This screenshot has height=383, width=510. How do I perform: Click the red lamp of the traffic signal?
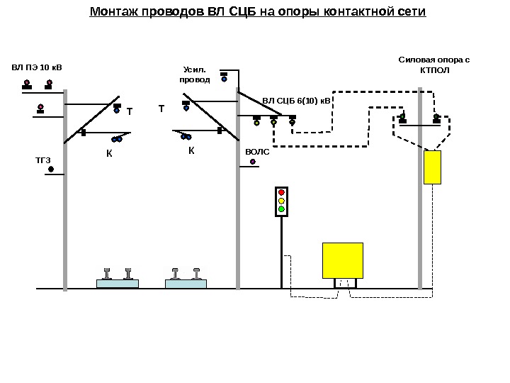point(281,192)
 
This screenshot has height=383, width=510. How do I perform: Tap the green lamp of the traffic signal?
point(281,209)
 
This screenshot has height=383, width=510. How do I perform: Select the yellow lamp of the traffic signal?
point(281,201)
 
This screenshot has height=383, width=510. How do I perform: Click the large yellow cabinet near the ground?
point(343,260)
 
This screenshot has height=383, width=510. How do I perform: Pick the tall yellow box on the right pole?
point(432,167)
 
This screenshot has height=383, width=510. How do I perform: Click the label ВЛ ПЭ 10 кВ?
point(37,68)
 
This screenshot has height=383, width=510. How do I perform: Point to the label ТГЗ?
point(43,160)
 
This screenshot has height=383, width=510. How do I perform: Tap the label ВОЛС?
point(257,152)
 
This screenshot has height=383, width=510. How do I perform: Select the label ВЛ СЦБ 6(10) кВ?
point(297,101)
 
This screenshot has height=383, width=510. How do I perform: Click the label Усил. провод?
point(194,74)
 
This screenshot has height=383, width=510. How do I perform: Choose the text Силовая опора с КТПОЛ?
point(434,66)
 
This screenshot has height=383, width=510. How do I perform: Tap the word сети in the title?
point(411,12)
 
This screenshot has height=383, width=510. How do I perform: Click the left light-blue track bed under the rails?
point(117,284)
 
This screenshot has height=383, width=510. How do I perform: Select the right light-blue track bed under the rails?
point(186,284)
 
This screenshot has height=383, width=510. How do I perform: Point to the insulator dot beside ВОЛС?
point(253,162)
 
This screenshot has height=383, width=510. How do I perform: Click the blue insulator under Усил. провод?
point(225,79)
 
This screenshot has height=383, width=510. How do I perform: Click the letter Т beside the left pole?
point(130,112)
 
